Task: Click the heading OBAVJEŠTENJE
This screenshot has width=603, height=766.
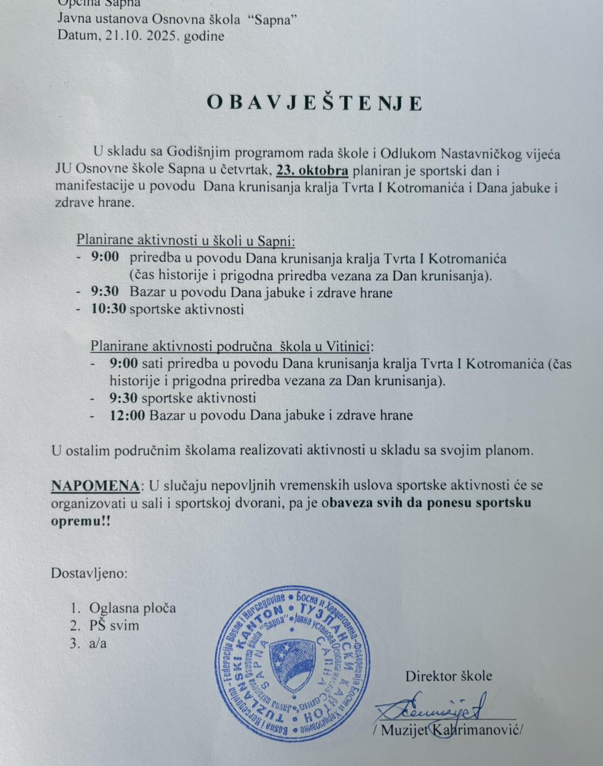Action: (314, 103)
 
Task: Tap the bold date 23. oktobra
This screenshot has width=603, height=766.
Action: (312, 170)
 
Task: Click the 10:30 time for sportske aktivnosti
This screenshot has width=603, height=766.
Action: (108, 309)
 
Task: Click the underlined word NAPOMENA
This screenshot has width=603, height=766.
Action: (96, 485)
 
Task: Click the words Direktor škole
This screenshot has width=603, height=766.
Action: (448, 676)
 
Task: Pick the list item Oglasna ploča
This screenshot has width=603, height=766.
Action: (132, 608)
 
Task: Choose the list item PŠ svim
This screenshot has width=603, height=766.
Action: (114, 625)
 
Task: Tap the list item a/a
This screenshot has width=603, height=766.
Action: (98, 643)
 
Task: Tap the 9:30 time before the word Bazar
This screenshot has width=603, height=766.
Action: (105, 292)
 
